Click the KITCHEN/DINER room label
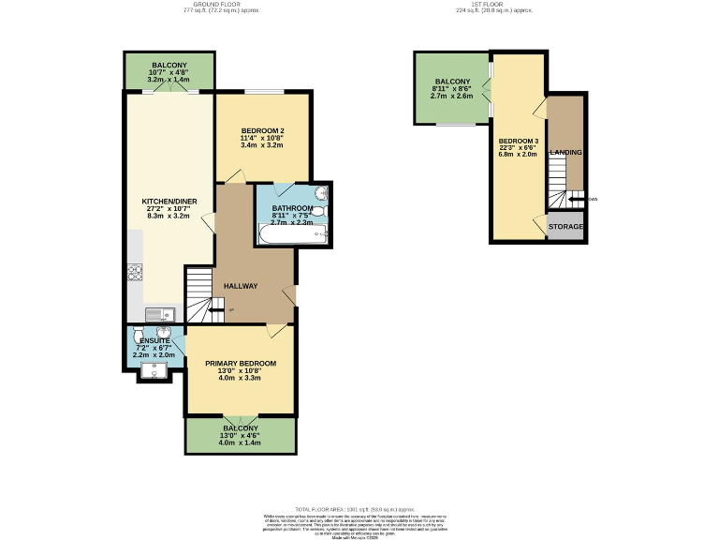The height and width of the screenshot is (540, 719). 166,202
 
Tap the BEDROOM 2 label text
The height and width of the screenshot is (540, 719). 262,130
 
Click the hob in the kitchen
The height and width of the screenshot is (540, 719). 133,274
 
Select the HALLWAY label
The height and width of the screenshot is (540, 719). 240,286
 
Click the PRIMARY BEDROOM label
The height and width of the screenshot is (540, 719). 241,363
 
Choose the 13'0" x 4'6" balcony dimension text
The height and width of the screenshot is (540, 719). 241,435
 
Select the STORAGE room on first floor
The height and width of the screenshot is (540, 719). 566,228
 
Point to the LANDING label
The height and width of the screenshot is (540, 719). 565,152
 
